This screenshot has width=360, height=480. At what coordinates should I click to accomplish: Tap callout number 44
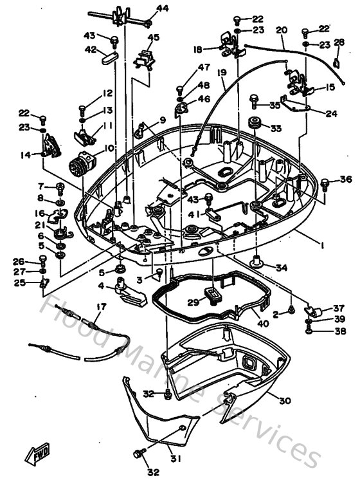coord(162,8)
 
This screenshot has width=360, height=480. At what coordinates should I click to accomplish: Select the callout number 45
coord(153,38)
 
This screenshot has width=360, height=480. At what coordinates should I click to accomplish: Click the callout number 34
coord(282,268)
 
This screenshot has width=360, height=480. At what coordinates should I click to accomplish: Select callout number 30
coord(284,400)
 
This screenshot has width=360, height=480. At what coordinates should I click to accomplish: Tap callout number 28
coord(339,42)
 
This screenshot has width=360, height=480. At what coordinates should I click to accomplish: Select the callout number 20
coord(282,30)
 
